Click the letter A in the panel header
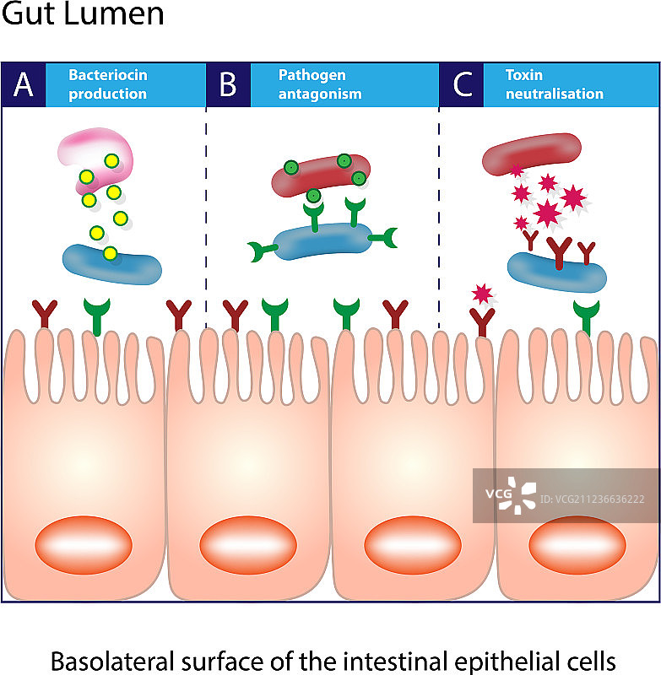23,85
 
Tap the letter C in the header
462,85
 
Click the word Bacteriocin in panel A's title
108,75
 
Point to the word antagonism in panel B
320,94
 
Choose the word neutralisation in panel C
555,94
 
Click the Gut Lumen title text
83,14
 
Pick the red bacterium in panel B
321,175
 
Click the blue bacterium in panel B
322,241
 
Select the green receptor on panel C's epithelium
585,315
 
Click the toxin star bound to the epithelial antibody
483,294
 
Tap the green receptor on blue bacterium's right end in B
388,240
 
